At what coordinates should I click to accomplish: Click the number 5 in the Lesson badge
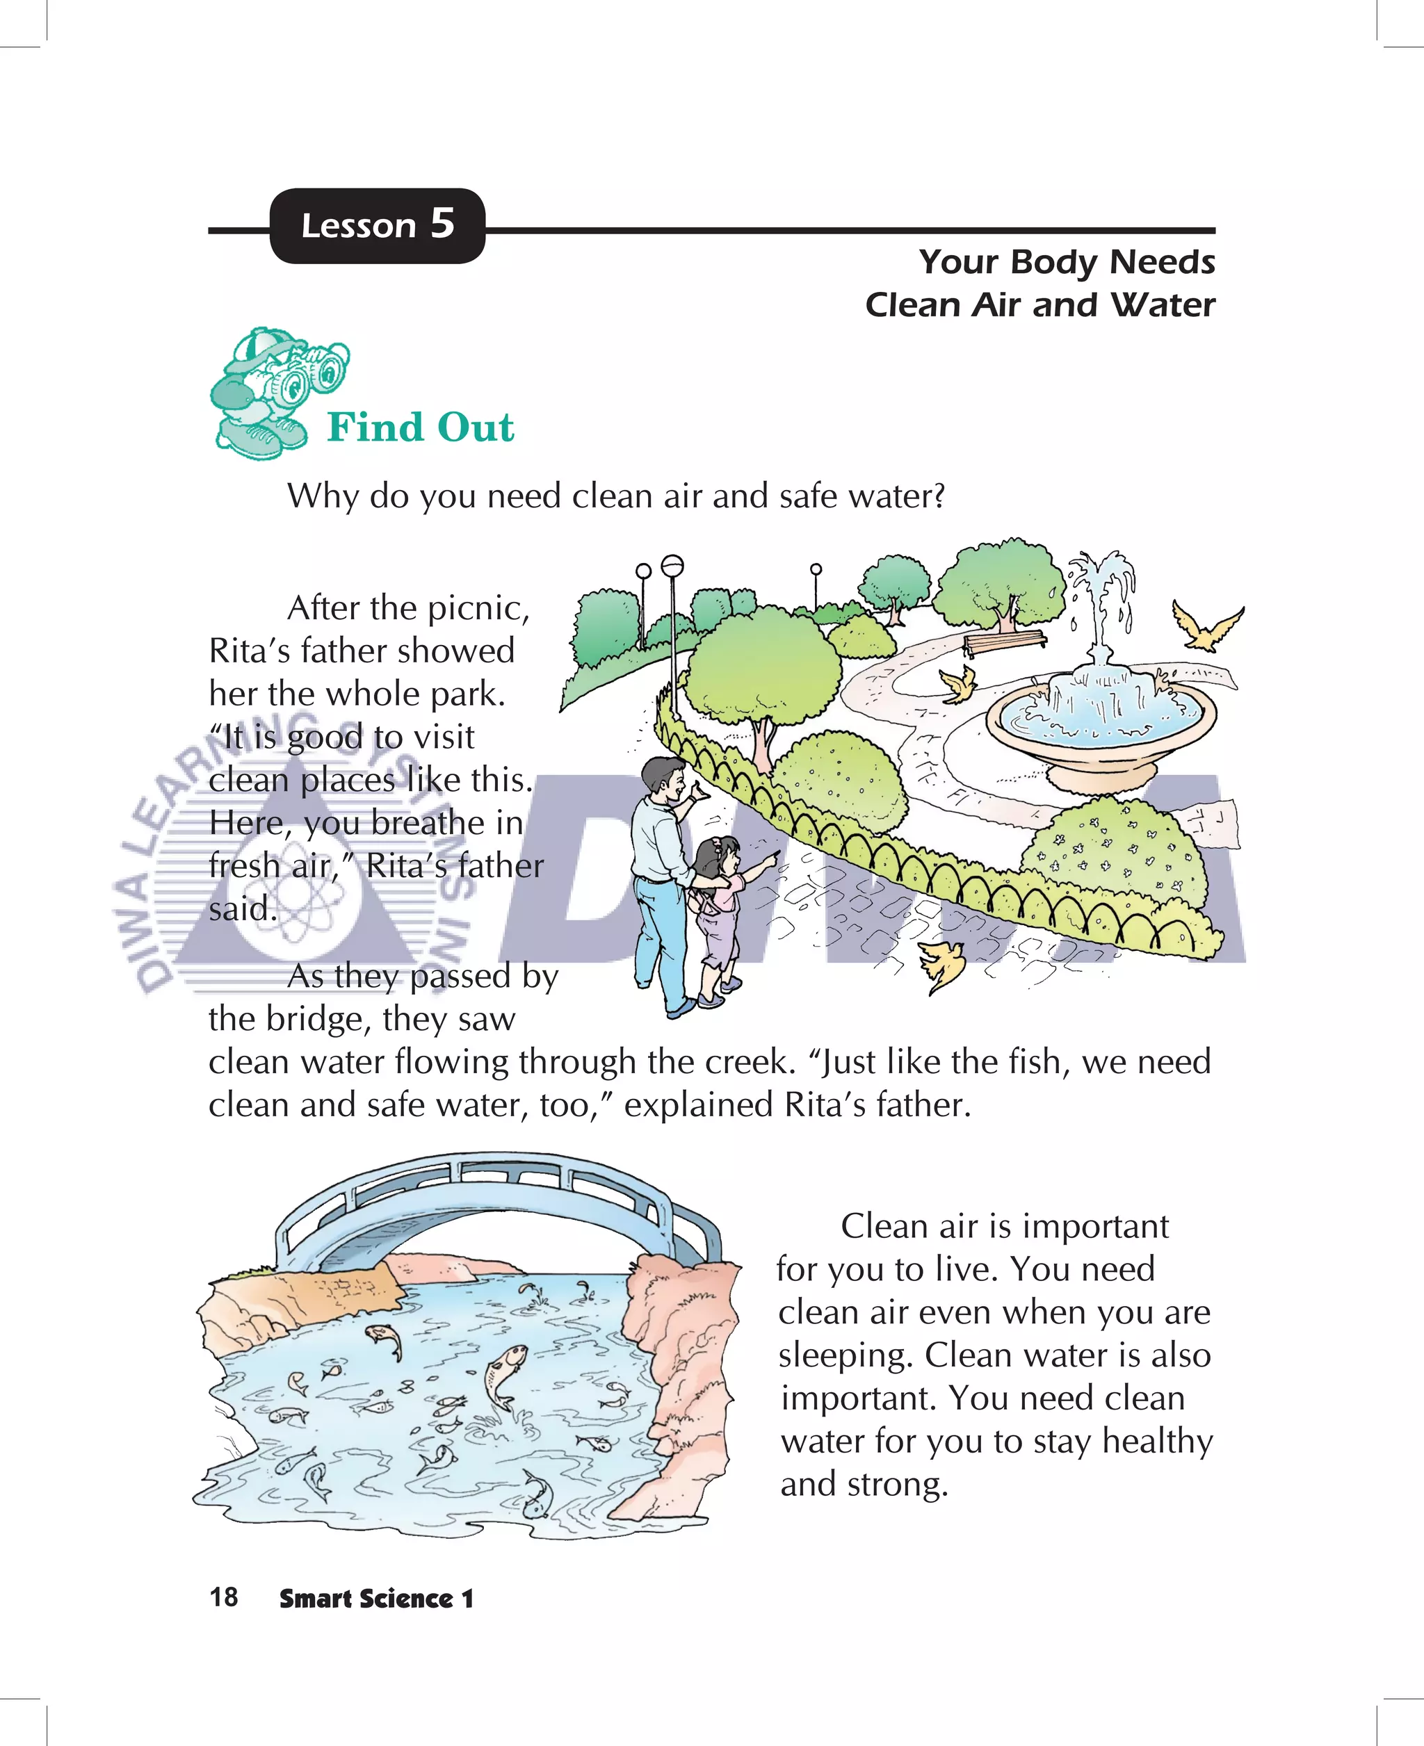(442, 223)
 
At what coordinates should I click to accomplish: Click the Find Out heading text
(420, 427)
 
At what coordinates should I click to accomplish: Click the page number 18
(223, 1597)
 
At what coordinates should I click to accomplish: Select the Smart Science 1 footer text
(375, 1599)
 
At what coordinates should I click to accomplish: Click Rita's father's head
(665, 780)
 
